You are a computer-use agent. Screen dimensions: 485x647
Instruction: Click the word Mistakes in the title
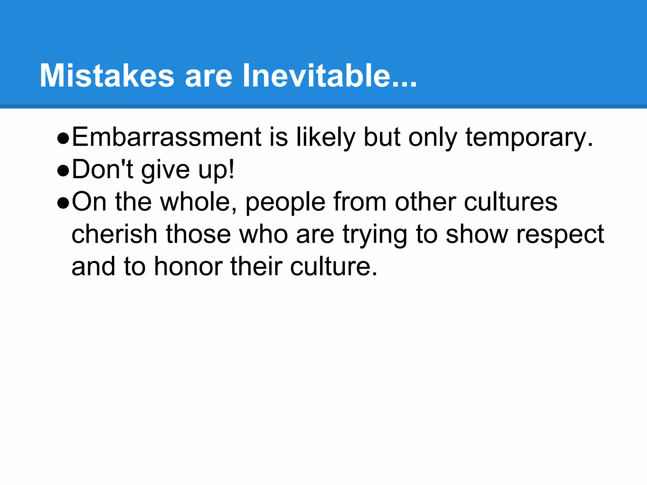(107, 76)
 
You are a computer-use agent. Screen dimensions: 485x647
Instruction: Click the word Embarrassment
(166, 137)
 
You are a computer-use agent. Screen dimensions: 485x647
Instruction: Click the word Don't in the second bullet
(103, 170)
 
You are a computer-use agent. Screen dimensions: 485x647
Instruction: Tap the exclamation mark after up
(232, 169)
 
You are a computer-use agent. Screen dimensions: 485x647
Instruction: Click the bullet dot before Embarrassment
(63, 139)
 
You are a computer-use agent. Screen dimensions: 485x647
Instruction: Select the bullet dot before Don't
(63, 171)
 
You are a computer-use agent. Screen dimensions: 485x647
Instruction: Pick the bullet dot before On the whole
(63, 204)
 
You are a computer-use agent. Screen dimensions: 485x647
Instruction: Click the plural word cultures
(511, 202)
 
